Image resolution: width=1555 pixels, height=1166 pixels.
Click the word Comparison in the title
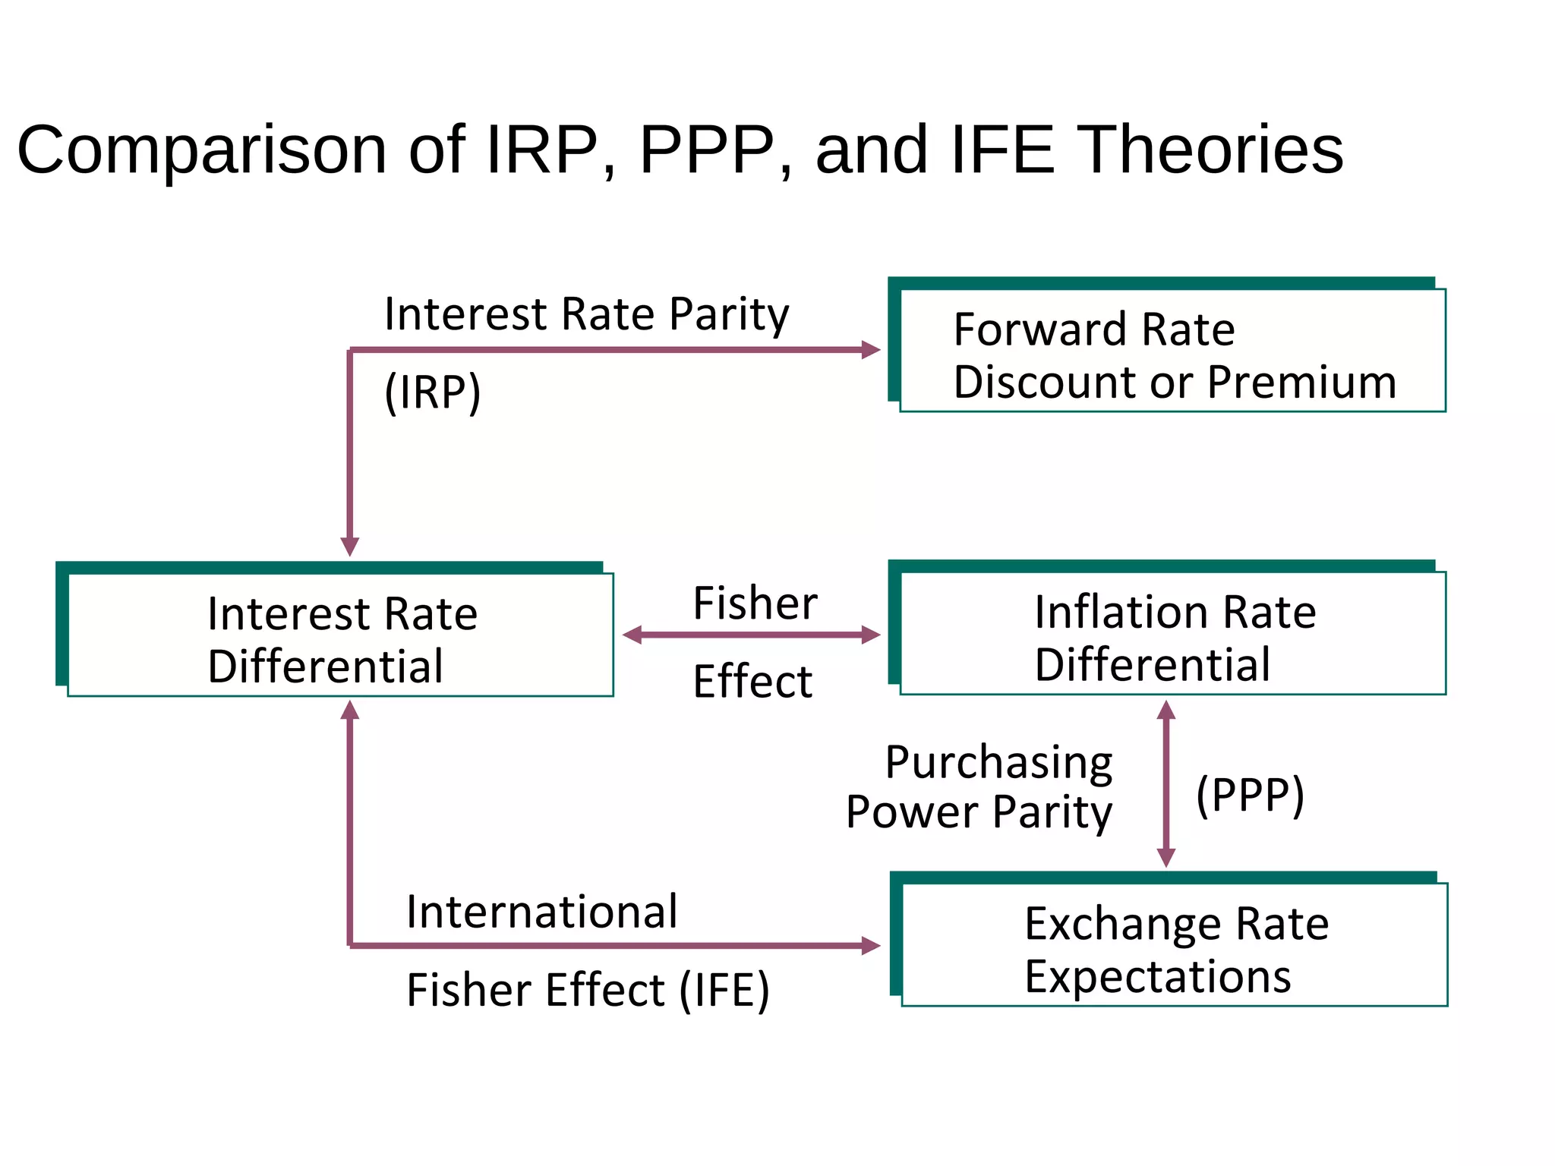(x=202, y=150)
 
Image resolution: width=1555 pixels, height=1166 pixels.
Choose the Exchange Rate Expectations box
(x=1174, y=945)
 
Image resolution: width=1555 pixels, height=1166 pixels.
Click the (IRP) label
(x=432, y=392)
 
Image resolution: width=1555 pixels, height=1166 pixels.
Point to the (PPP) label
(x=1250, y=795)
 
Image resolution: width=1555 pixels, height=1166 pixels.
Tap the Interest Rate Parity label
(x=586, y=314)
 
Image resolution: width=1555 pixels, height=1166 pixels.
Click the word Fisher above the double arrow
(x=755, y=603)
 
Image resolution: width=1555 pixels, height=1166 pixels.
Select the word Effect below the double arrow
(x=752, y=681)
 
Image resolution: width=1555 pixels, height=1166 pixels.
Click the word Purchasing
(x=998, y=762)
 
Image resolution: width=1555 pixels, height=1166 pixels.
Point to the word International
(x=541, y=912)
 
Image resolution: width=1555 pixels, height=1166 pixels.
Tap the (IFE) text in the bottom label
(x=724, y=991)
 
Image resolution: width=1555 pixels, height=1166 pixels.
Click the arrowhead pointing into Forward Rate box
(x=871, y=350)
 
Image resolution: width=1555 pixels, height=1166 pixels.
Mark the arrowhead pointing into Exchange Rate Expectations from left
(x=871, y=946)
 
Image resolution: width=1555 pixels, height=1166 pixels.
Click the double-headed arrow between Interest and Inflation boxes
(x=751, y=635)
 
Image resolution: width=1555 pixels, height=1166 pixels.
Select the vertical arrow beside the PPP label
(x=1166, y=783)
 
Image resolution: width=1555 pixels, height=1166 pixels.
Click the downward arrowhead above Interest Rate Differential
(x=350, y=547)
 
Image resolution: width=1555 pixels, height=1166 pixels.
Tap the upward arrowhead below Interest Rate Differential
(x=350, y=710)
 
